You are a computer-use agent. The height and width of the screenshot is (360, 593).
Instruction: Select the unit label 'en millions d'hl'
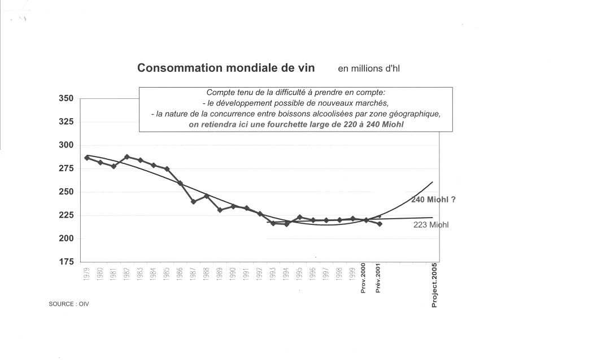369,69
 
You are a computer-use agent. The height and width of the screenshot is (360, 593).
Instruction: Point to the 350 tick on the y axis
66,98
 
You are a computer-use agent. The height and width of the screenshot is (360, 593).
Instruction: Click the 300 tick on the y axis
66,145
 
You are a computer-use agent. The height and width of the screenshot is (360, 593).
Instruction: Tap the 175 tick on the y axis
66,262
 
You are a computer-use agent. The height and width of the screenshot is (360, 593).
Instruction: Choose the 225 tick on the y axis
66,215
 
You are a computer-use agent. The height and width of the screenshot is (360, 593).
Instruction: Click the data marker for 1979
87,158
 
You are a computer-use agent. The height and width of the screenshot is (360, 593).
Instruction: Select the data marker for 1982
127,157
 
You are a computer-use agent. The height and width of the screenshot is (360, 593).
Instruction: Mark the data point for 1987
193,201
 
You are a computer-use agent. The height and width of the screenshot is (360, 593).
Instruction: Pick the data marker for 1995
299,217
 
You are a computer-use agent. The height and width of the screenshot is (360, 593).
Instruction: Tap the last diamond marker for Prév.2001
380,224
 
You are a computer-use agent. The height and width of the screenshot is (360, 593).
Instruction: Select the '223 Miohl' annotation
431,225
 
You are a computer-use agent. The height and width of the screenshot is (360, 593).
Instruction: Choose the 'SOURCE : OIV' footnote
69,304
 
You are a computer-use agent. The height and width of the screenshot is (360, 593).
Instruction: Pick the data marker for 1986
180,183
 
